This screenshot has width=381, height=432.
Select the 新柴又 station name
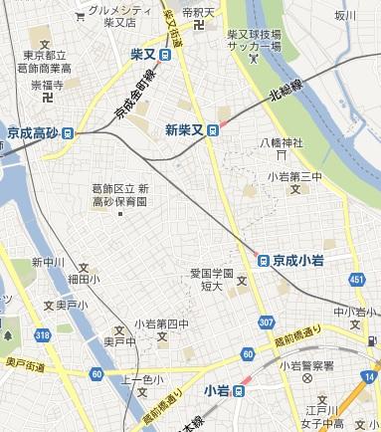[x=185, y=128]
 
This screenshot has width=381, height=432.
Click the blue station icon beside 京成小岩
[x=264, y=260]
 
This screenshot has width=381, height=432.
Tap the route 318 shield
[x=43, y=336]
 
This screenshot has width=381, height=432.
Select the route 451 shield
[x=357, y=280]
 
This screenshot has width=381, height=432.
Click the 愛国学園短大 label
[x=212, y=278]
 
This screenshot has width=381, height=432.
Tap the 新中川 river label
[x=47, y=263]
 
